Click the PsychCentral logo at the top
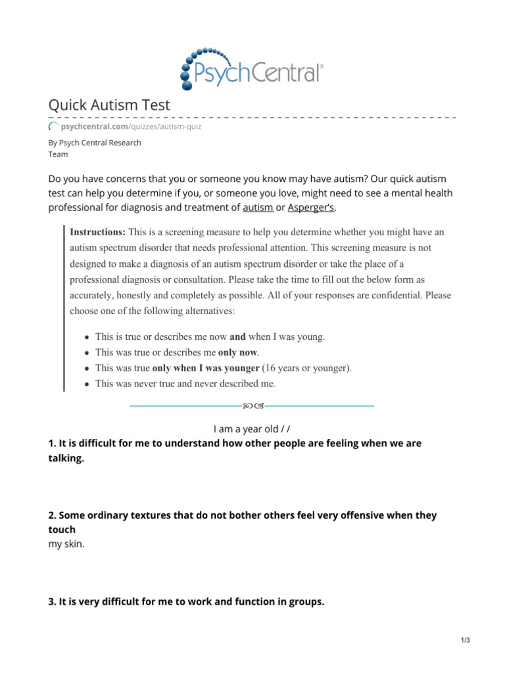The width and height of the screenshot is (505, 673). tap(252, 68)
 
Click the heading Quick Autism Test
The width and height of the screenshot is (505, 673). tap(109, 104)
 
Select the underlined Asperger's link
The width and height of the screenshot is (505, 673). tap(311, 208)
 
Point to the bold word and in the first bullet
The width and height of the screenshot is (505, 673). tap(237, 336)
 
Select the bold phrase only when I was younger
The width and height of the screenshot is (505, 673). tap(206, 368)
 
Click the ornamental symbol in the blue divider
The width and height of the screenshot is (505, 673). tap(252, 406)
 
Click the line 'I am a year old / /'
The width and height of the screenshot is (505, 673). tap(252, 429)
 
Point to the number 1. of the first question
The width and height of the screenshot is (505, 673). tap(53, 444)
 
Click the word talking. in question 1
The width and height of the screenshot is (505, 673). tap(66, 459)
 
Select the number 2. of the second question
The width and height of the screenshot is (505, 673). tap(53, 516)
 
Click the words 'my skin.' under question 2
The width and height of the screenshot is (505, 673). tap(66, 545)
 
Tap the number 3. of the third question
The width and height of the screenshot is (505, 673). tap(53, 601)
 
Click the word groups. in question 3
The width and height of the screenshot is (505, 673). tap(306, 601)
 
